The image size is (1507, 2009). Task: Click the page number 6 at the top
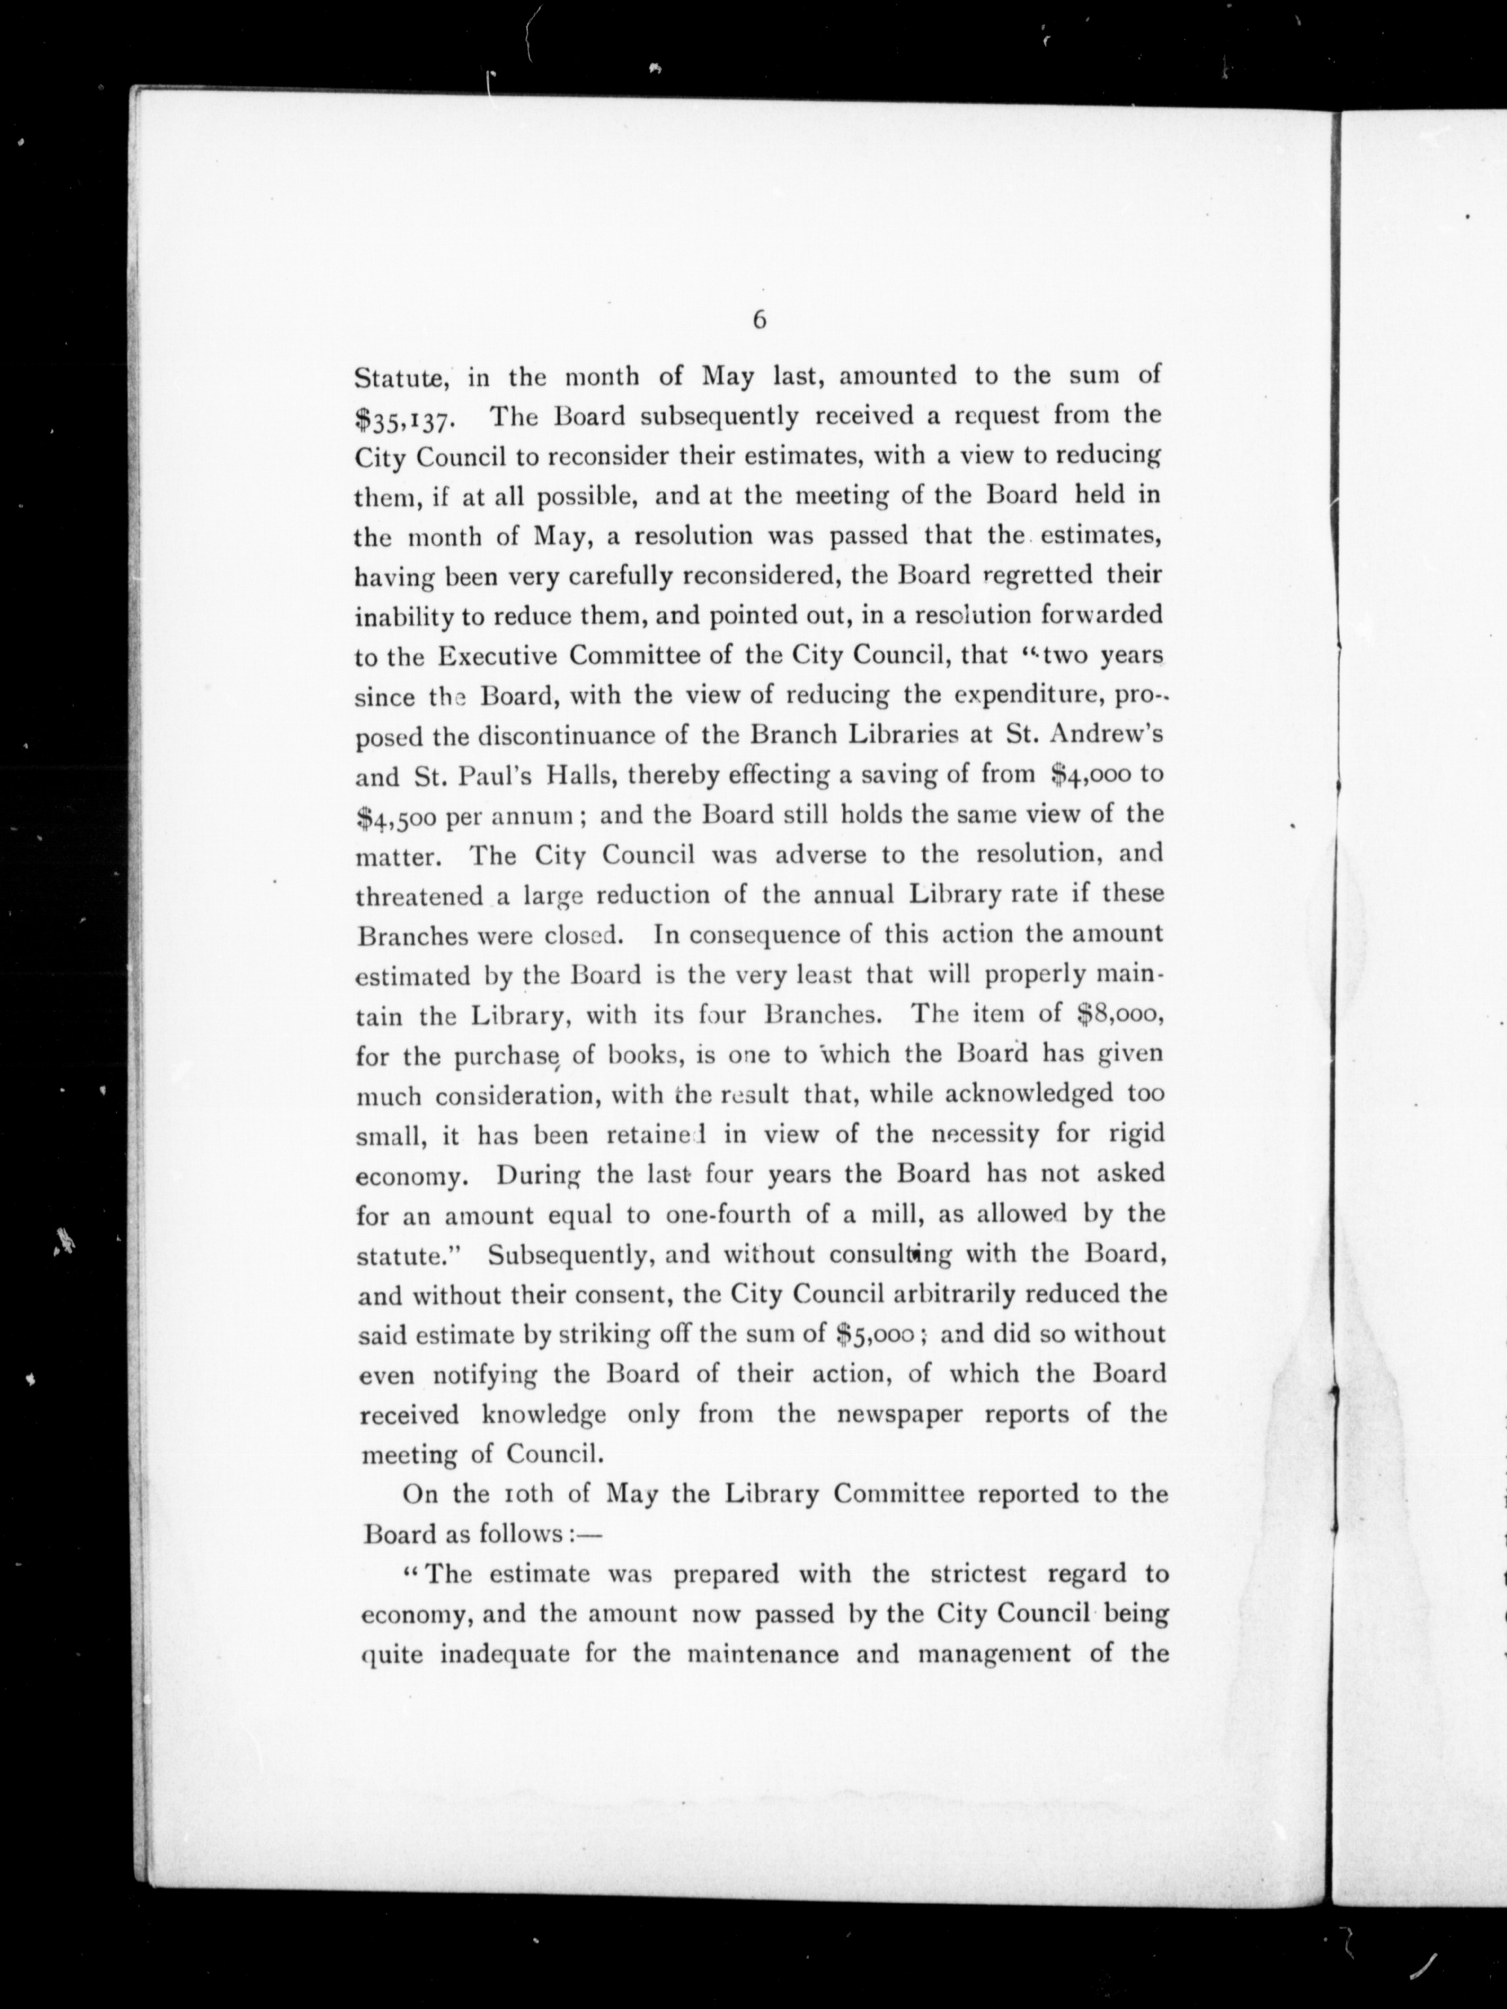point(759,320)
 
